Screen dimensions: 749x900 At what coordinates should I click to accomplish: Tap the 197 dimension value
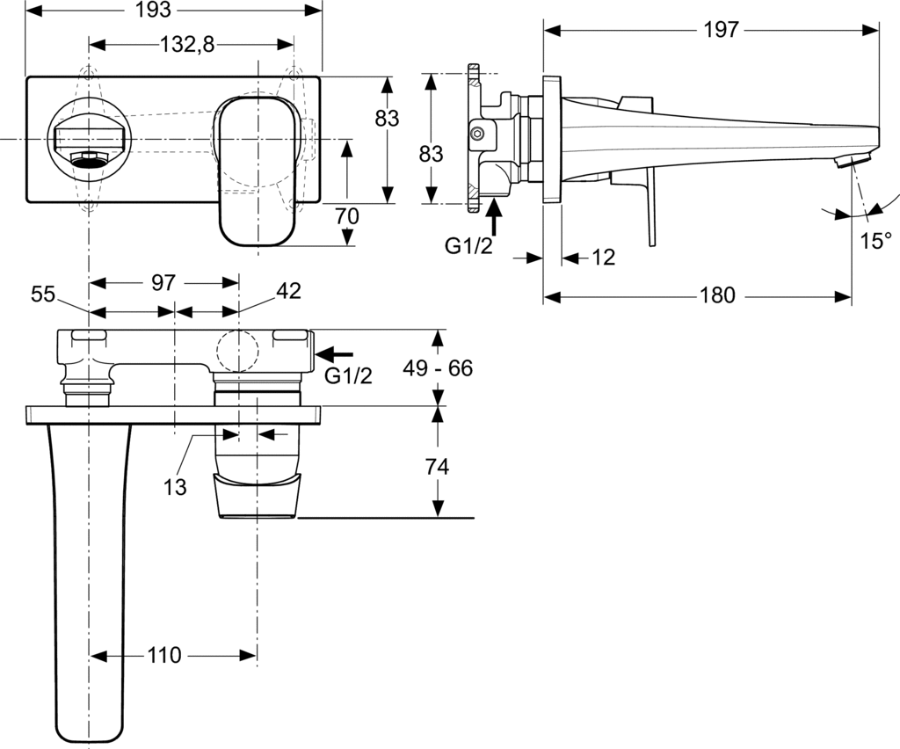coord(721,29)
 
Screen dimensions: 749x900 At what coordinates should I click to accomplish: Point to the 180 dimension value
coord(717,295)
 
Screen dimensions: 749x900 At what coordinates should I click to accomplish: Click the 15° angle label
coord(875,241)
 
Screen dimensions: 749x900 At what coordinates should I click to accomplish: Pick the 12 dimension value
coord(603,258)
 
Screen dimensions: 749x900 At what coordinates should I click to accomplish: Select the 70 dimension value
coord(348,215)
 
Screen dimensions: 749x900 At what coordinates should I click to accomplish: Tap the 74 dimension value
coord(437,467)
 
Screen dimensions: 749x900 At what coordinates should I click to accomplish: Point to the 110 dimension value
coord(163,655)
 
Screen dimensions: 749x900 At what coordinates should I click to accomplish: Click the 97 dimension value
coord(163,283)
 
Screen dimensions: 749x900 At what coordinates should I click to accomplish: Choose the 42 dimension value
coord(289,292)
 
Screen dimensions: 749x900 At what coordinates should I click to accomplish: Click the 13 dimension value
coord(176,487)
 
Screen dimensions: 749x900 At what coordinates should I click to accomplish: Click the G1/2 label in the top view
coord(349,376)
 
